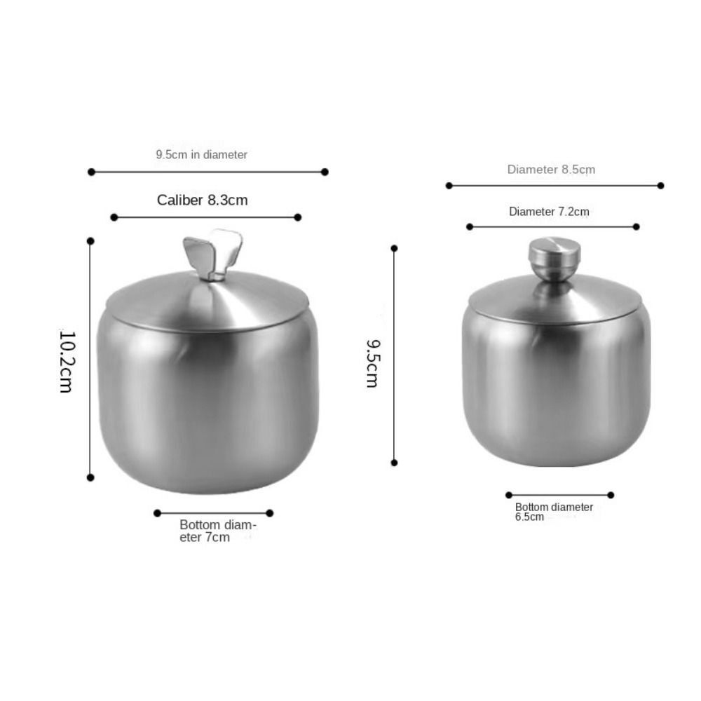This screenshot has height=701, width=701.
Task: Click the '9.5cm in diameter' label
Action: point(201,154)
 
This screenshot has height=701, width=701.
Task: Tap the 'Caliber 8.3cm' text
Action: point(202,200)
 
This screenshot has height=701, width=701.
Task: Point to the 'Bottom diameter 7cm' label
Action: point(217,531)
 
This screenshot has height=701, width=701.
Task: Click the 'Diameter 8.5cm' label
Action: point(551,170)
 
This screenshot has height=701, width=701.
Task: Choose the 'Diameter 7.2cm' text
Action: point(549,212)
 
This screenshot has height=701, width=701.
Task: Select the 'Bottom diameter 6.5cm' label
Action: point(553,512)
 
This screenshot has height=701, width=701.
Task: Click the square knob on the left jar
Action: point(212,253)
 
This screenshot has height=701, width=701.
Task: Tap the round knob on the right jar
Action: point(554,256)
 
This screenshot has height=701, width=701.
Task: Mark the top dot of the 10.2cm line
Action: point(90,240)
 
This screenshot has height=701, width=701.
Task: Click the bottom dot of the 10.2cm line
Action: point(90,477)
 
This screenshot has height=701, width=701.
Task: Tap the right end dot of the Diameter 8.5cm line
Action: point(660,186)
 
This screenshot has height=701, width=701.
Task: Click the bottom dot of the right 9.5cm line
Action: point(394,463)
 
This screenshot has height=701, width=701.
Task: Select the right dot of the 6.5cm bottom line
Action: point(611,495)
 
